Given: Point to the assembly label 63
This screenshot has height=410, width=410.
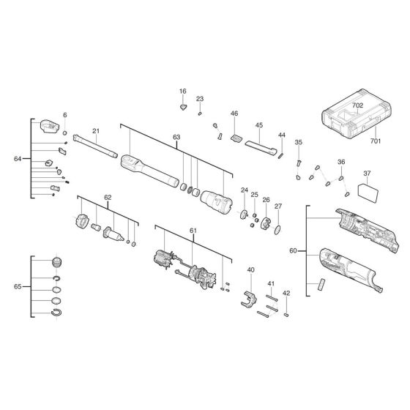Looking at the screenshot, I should coord(176,137).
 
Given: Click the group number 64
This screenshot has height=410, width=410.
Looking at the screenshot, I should coord(18,159).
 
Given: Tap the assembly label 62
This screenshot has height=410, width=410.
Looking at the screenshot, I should coord(108,198).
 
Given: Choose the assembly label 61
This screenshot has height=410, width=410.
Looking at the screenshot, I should coord(193,231).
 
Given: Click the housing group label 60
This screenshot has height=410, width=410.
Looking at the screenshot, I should coord(293,251).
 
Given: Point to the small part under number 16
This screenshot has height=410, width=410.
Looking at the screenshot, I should coord(183,105).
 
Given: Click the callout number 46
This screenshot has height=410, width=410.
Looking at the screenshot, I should coord(234,113).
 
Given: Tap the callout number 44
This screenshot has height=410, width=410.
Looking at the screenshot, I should coord(281,136).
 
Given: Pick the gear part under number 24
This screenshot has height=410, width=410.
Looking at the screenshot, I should coord(244,215).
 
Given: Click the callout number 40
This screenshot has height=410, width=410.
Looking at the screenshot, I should coord(250,270).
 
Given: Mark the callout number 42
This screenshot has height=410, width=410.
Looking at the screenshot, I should coord(286,293).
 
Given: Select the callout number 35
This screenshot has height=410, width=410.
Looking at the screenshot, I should coord(298,142).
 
